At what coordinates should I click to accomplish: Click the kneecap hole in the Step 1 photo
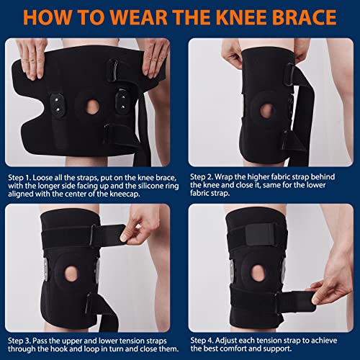pyautogui.click(x=92, y=107)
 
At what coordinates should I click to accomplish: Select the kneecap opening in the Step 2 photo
pyautogui.click(x=266, y=111)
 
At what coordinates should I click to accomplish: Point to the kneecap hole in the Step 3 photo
pyautogui.click(x=71, y=273)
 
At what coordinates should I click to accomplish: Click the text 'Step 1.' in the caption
pyautogui.click(x=19, y=178)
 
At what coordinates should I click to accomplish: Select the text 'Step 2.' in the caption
pyautogui.click(x=202, y=177)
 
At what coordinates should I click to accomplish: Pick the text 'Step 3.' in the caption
pyautogui.click(x=19, y=341)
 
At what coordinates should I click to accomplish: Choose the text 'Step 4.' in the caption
pyautogui.click(x=202, y=341)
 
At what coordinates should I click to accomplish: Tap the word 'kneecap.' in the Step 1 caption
pyautogui.click(x=125, y=194)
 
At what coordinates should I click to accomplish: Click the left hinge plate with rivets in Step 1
pyautogui.click(x=57, y=104)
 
